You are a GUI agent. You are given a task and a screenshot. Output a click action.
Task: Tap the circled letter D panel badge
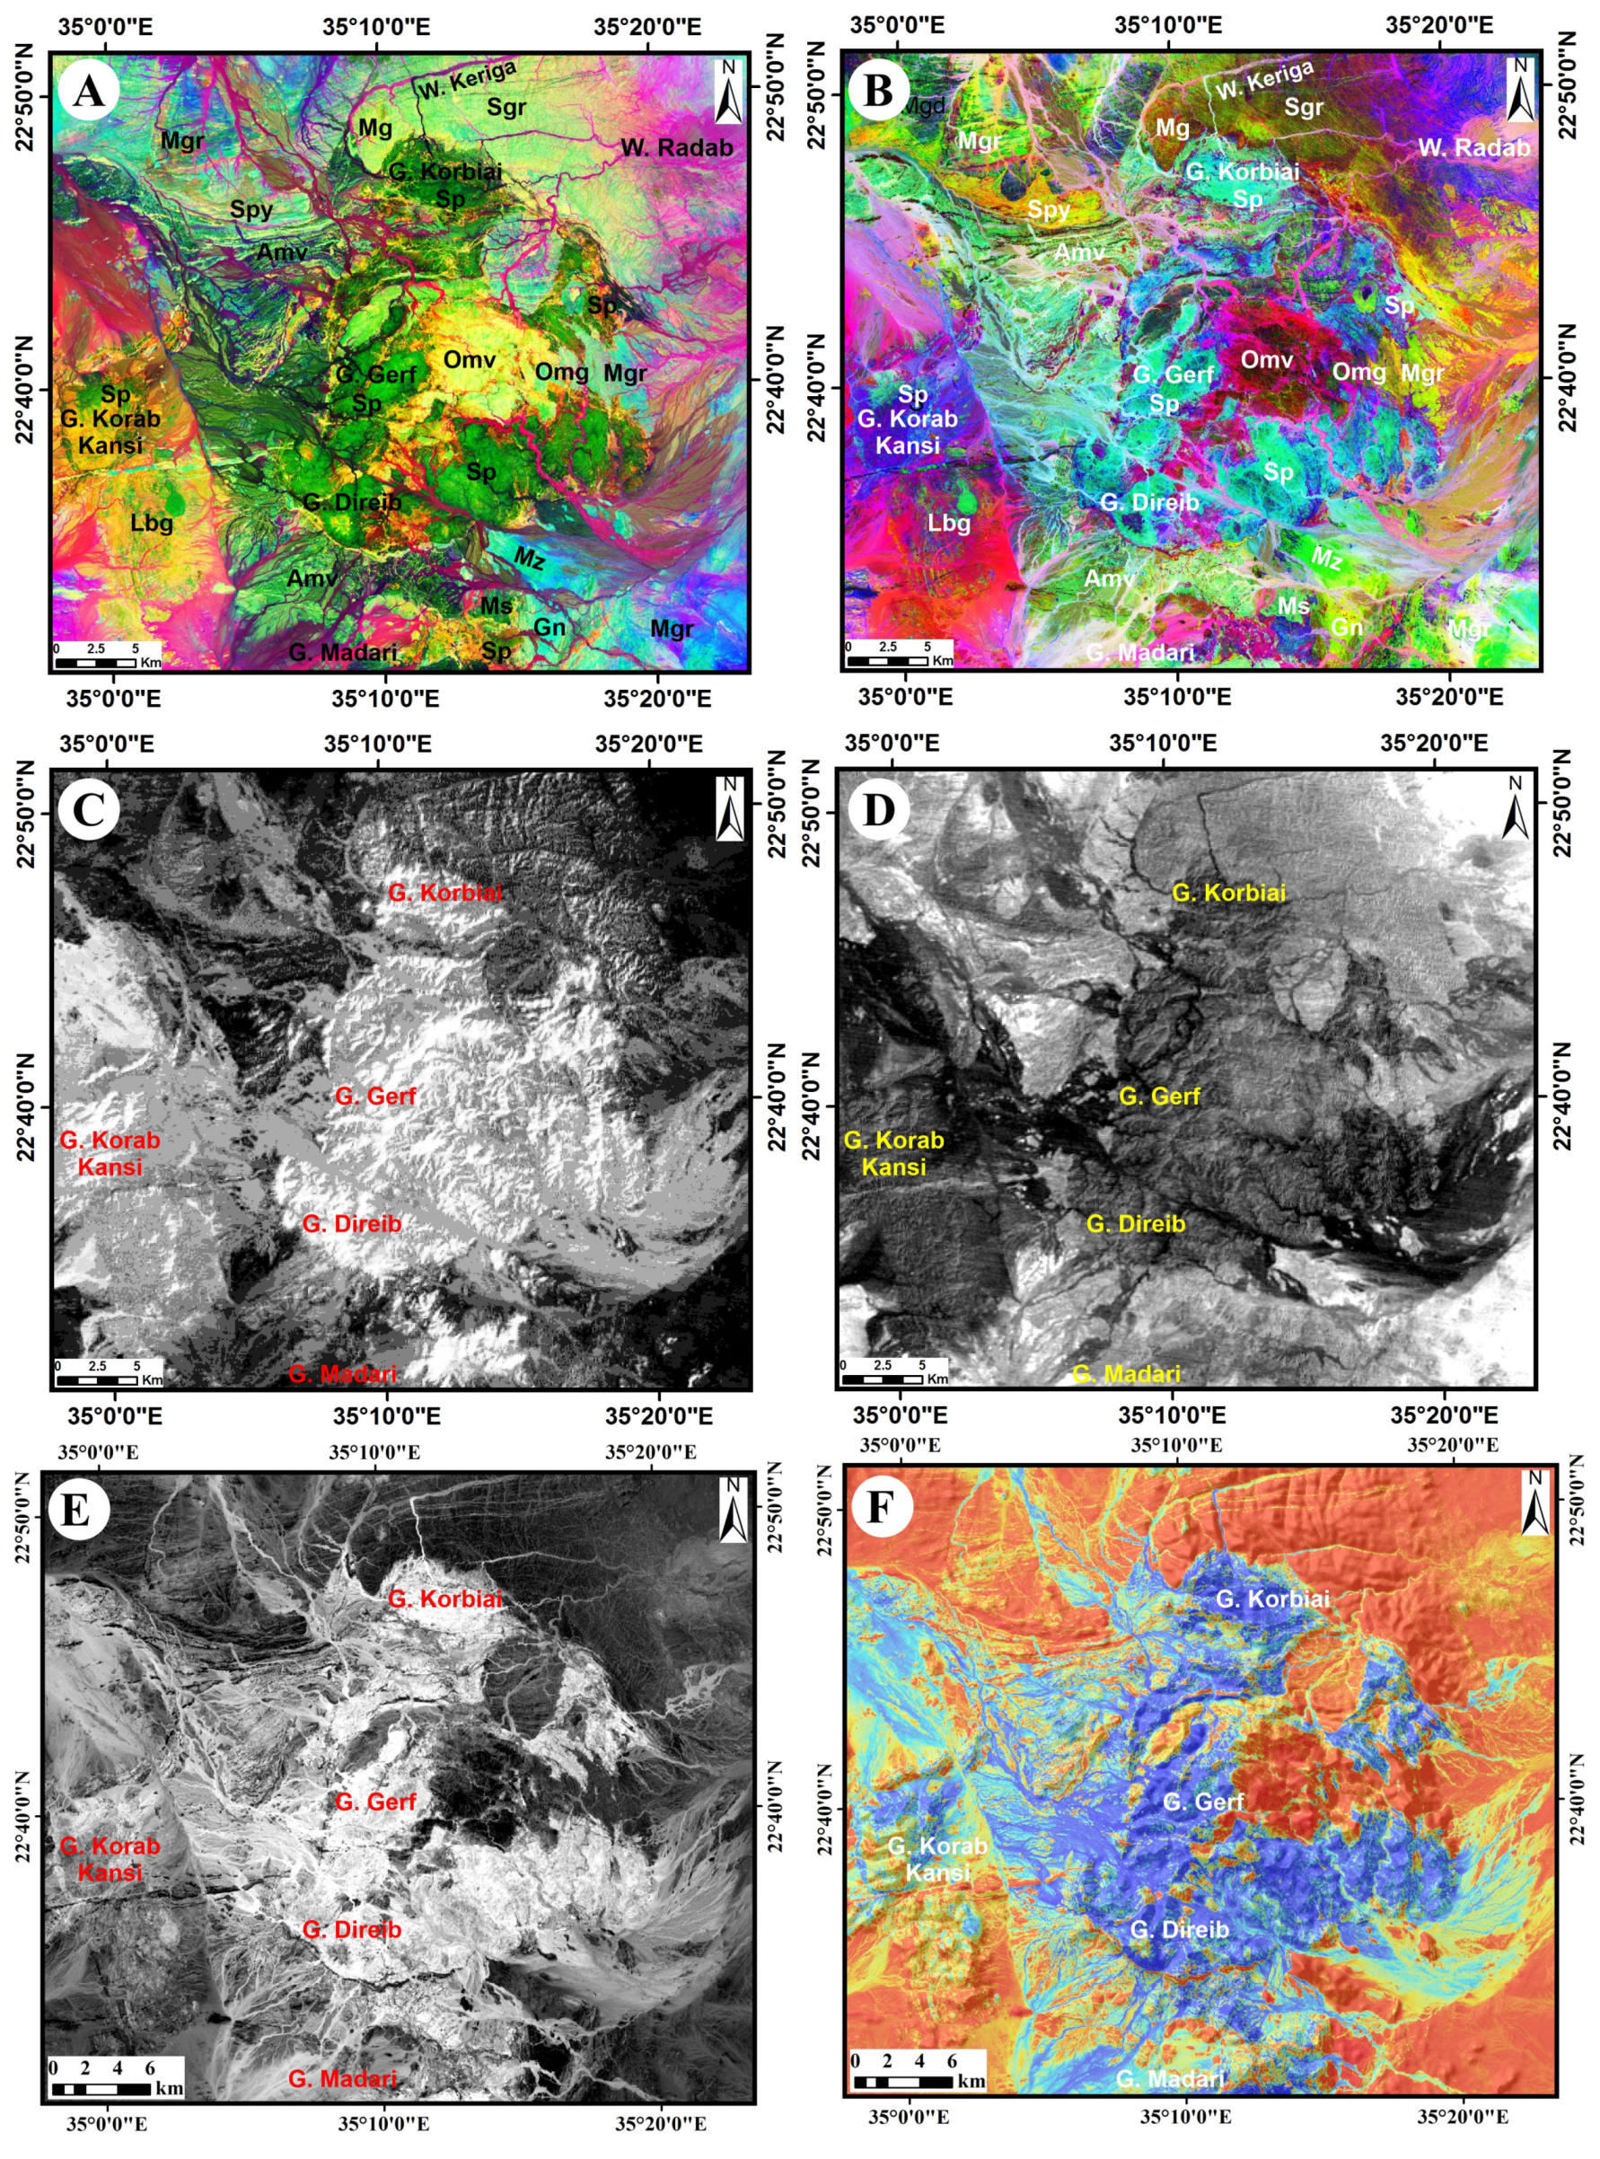tap(877, 809)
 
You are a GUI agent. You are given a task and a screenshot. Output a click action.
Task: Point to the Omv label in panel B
tap(1267, 359)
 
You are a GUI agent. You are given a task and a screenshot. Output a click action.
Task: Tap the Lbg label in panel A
tap(152, 523)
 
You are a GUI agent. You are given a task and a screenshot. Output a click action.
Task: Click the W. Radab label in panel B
tap(1474, 147)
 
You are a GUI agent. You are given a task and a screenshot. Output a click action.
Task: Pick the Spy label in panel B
tap(1049, 209)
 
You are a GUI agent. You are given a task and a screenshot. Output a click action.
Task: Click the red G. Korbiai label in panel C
tap(445, 892)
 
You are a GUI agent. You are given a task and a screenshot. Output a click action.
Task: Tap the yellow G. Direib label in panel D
tap(1135, 1223)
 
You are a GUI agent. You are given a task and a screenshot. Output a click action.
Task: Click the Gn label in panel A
tap(550, 627)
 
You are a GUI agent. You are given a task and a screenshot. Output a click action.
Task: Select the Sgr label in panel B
tap(1304, 107)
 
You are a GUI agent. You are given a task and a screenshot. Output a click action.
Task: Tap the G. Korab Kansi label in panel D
tap(893, 1152)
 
